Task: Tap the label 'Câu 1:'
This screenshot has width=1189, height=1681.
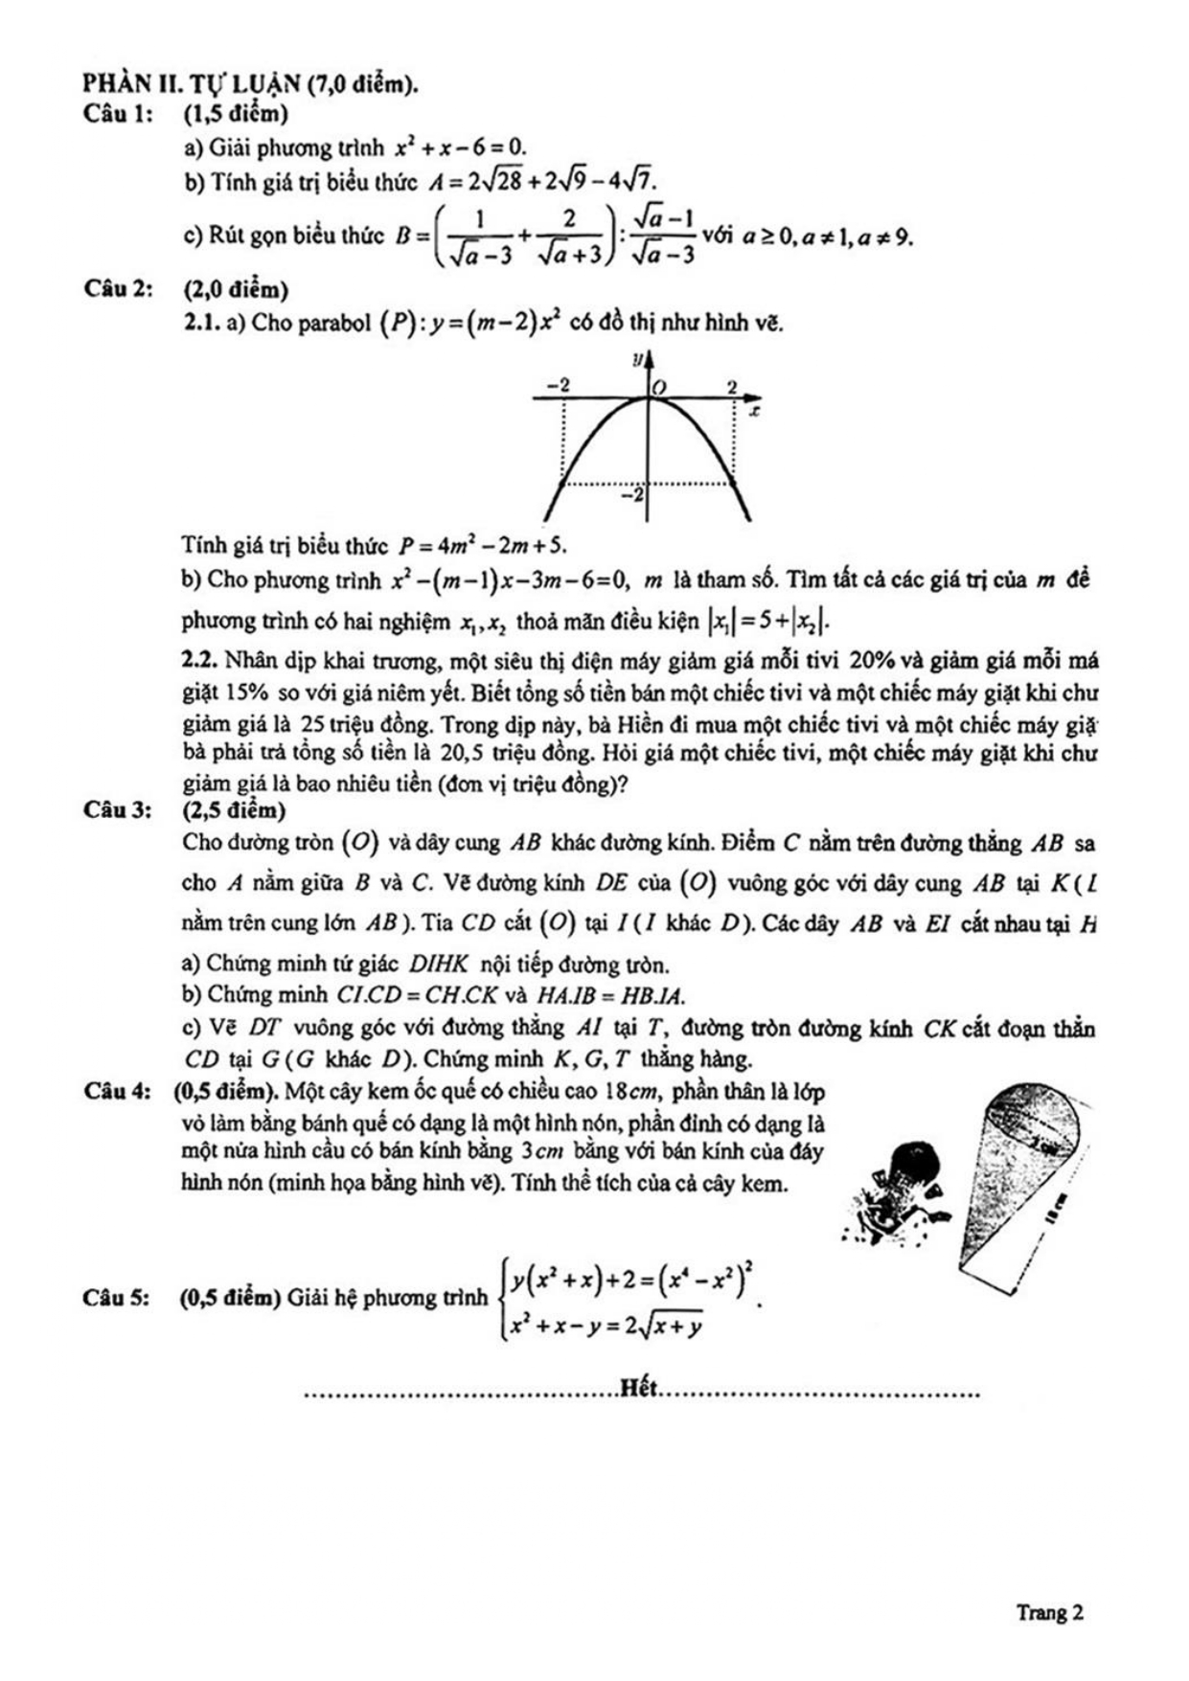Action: pos(118,115)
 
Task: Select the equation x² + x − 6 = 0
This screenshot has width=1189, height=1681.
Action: pos(461,148)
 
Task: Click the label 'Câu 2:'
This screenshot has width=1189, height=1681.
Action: pos(118,289)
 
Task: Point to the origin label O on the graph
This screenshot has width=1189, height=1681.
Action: pos(659,386)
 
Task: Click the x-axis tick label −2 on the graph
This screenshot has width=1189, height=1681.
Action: pos(558,385)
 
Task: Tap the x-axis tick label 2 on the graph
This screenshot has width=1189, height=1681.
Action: pos(731,387)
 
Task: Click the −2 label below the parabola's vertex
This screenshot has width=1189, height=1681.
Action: pos(633,495)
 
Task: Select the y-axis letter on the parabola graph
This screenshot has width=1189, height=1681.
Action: pos(635,361)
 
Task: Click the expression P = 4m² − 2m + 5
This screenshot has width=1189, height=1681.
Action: pos(483,546)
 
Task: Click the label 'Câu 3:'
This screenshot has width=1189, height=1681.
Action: pos(118,810)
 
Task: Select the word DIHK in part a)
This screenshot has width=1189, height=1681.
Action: pos(438,964)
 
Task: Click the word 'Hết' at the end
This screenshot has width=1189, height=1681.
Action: pos(638,1388)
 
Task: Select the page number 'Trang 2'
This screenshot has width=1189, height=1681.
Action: pos(1050,1612)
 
